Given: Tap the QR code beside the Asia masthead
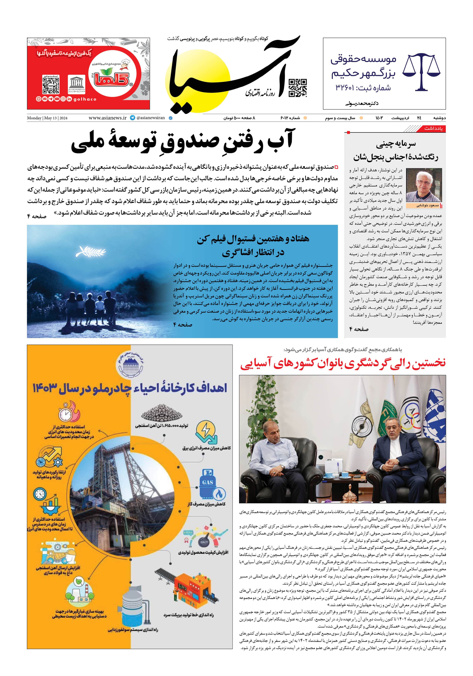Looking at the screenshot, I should point(298,88).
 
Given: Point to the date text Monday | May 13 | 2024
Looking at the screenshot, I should point(47,118).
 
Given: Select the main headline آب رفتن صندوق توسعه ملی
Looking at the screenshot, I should point(182,142).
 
